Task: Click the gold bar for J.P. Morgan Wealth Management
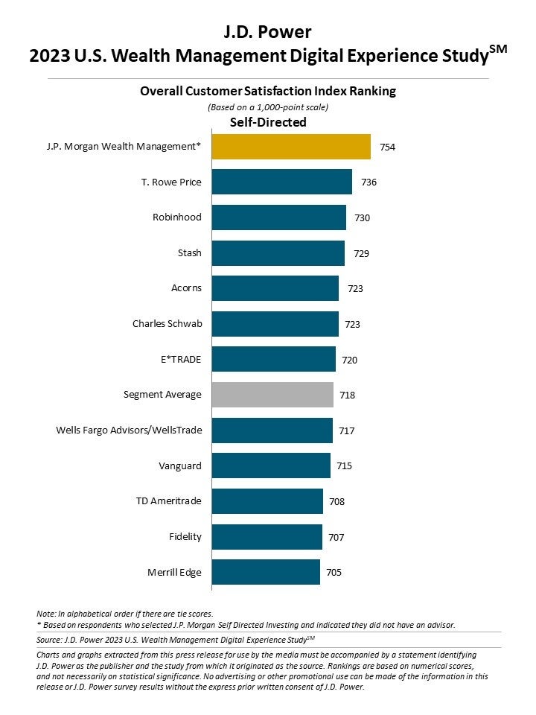pyautogui.click(x=291, y=147)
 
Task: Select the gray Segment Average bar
pyautogui.click(x=272, y=395)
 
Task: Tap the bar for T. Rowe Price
pyautogui.click(x=282, y=182)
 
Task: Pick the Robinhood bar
pyautogui.click(x=279, y=217)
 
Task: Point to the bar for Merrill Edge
pyautogui.click(x=266, y=572)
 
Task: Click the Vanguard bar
pyautogui.click(x=271, y=465)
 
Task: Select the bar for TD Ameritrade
pyautogui.click(x=267, y=501)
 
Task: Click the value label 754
pyautogui.click(x=387, y=147)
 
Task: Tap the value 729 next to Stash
pyautogui.click(x=361, y=253)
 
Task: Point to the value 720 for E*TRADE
pyautogui.click(x=350, y=360)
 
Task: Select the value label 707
pyautogui.click(x=336, y=537)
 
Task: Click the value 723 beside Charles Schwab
pyautogui.click(x=353, y=324)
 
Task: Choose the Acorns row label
pyautogui.click(x=186, y=288)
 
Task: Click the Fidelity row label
pyautogui.click(x=185, y=536)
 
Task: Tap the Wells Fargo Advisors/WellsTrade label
pyautogui.click(x=129, y=430)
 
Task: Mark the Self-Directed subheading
pyautogui.click(x=267, y=122)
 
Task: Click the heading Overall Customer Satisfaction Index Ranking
pyautogui.click(x=268, y=91)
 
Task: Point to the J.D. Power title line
pyautogui.click(x=267, y=31)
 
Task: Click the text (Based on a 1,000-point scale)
pyautogui.click(x=267, y=107)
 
